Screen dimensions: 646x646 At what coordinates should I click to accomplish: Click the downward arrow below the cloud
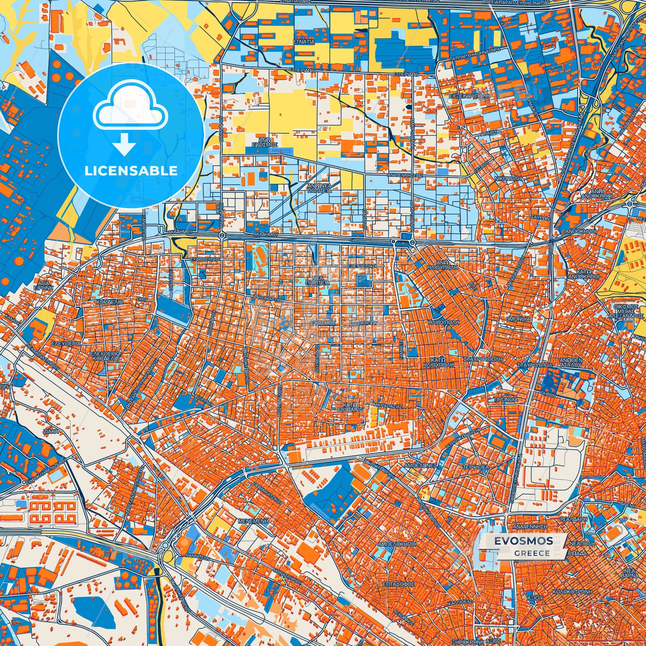coord(125,144)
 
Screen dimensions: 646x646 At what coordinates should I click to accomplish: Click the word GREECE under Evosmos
coord(532,553)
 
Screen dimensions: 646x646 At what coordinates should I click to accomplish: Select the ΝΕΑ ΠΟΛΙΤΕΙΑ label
coord(317,280)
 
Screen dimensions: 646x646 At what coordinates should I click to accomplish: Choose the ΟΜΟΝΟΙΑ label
coord(518,319)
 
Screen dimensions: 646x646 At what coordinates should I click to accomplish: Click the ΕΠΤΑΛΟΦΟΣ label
coord(399,584)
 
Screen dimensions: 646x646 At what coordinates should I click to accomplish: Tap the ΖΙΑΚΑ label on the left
coord(51,432)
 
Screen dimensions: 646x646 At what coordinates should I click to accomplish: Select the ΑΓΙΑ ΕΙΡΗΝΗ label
coord(45,286)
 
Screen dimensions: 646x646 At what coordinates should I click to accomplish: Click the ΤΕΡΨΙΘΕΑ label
coord(476,466)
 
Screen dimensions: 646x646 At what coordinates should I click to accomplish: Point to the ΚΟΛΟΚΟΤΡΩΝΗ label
coord(572,591)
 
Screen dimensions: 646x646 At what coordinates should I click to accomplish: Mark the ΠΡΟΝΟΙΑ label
coord(506,399)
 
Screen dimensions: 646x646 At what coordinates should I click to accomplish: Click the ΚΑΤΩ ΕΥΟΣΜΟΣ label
coord(350,406)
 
